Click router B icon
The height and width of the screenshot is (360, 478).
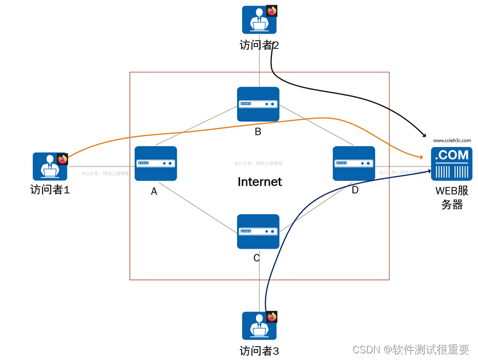258,104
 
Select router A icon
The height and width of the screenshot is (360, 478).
156,163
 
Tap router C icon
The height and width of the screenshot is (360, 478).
258,231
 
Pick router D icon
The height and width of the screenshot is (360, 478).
354,163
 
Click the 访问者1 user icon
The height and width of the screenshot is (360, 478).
49,166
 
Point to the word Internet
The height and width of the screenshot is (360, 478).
259,182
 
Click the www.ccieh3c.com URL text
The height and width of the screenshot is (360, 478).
451,141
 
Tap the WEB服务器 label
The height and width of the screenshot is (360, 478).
451,198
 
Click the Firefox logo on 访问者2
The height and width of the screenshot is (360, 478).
272,11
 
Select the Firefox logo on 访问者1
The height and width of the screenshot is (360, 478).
62,159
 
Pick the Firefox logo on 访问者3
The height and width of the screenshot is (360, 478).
272,317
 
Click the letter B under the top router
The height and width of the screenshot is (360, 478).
258,132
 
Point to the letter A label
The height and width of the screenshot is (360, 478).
154,191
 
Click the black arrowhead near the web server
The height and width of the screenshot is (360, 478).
424,135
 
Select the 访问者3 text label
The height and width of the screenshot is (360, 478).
259,351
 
